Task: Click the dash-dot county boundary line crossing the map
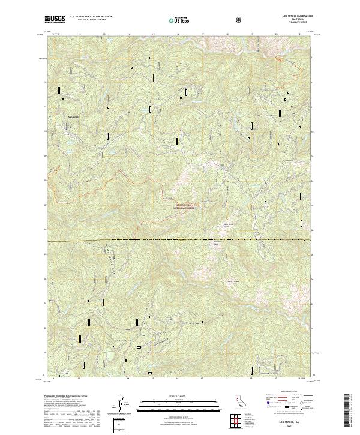click(180, 240)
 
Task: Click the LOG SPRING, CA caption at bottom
click(290, 422)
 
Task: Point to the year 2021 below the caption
click(290, 427)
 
